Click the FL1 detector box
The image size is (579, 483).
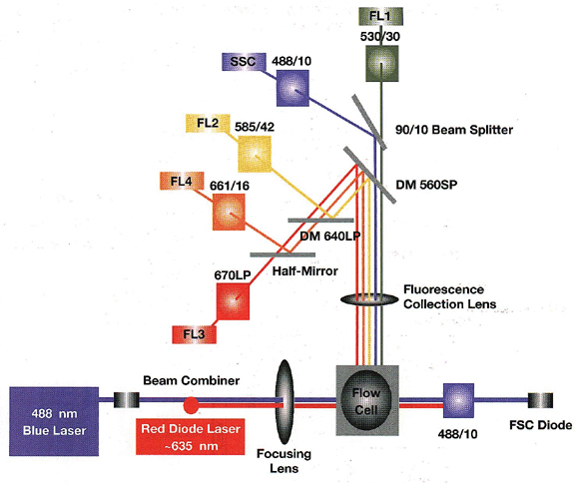click(x=380, y=17)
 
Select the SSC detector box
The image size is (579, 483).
click(x=244, y=62)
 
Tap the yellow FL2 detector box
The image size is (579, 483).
click(x=208, y=123)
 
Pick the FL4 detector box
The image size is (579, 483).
click(x=182, y=181)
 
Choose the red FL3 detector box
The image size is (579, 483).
click(x=195, y=334)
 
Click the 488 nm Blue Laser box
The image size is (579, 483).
click(x=54, y=421)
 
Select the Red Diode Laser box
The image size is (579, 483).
click(x=190, y=436)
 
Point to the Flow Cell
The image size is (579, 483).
click(x=367, y=400)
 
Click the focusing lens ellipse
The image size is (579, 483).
click(x=285, y=402)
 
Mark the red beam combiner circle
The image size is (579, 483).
click(x=191, y=405)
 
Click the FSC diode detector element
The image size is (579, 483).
click(x=540, y=400)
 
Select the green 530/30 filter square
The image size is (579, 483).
click(x=381, y=63)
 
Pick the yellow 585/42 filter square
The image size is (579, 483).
click(x=255, y=154)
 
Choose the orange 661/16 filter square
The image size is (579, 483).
click(x=229, y=213)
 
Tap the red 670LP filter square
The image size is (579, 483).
click(x=233, y=301)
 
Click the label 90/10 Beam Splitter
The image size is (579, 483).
click(x=454, y=130)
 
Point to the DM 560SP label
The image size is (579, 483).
click(x=426, y=185)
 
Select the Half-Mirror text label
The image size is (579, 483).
click(x=305, y=271)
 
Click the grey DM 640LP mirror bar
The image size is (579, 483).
click(x=320, y=221)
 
